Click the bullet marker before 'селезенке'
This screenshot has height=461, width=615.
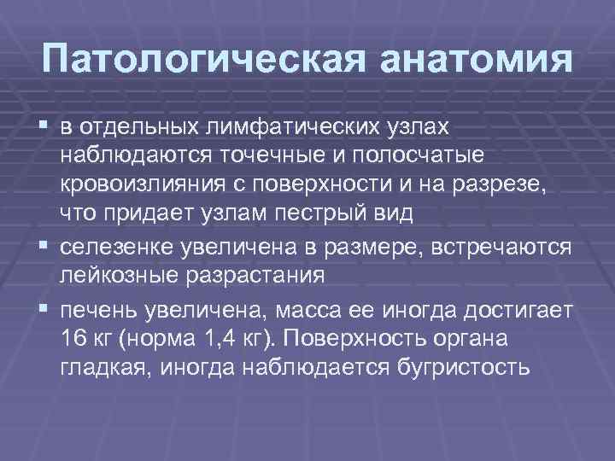44,248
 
